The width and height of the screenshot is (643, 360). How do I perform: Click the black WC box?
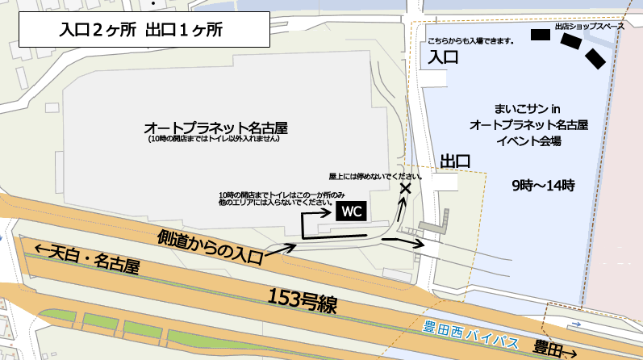tap(351, 211)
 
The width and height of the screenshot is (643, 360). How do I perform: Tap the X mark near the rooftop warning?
tap(405, 189)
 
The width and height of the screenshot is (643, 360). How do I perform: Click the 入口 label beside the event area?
tap(443, 57)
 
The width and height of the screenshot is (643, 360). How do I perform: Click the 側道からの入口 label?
tap(211, 248)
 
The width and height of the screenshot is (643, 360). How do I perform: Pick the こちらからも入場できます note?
tap(470, 40)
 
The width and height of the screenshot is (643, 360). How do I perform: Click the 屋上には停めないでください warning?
tap(376, 175)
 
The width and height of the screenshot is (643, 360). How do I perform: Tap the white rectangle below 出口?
tap(445, 182)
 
